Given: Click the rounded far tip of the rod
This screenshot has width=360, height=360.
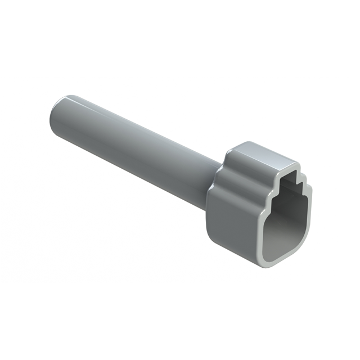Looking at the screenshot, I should tap(54, 110).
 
